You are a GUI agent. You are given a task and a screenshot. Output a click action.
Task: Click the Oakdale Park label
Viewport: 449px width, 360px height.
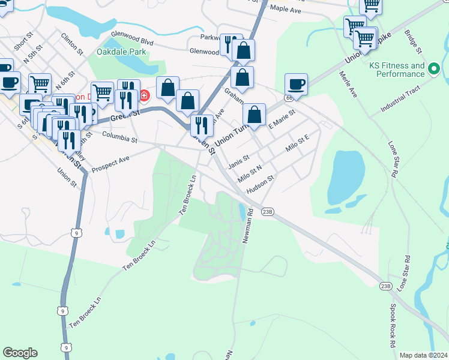(x=121, y=52)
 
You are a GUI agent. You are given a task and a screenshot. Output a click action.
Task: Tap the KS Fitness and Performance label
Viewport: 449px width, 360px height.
(x=397, y=70)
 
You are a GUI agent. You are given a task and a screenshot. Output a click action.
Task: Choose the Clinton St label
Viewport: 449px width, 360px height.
(x=71, y=44)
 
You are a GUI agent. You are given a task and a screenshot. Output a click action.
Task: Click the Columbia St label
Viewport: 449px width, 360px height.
(x=120, y=137)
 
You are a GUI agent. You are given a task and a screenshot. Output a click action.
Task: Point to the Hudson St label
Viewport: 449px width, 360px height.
(x=261, y=183)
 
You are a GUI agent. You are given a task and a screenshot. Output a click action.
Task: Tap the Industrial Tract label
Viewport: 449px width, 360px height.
(x=402, y=106)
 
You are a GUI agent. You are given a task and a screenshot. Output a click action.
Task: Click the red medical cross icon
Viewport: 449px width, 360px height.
(x=144, y=95)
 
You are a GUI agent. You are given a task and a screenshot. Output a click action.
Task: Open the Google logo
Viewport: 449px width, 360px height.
(x=20, y=353)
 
